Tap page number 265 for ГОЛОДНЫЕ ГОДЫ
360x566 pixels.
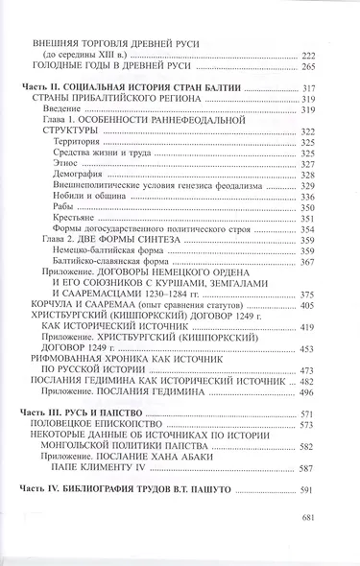click(x=309, y=69)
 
